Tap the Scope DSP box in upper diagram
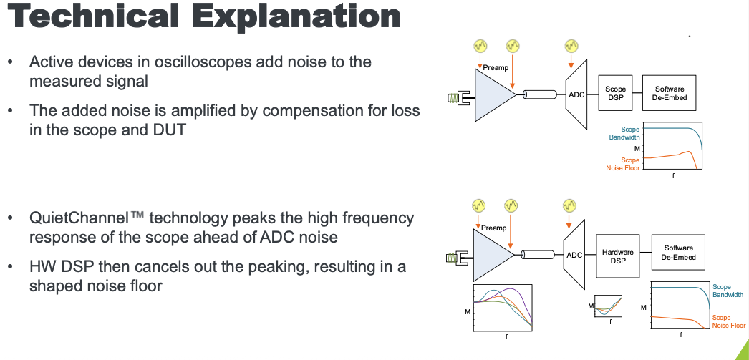click(615, 94)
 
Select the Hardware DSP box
click(617, 256)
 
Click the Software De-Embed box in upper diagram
click(670, 94)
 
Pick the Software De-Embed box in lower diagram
click(678, 253)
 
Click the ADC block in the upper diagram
click(576, 94)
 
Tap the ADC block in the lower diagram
click(575, 255)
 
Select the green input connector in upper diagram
click(455, 97)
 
